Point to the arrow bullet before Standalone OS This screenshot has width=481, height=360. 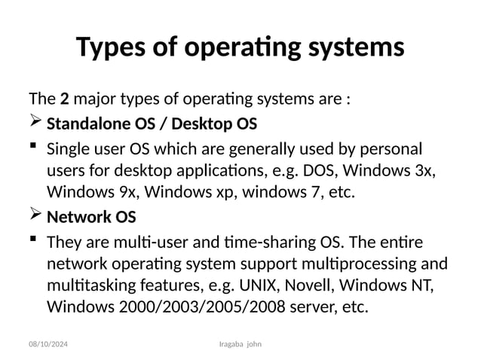pos(35,123)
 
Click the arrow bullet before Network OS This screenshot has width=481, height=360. pos(35,218)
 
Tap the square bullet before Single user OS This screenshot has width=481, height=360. pos(33,147)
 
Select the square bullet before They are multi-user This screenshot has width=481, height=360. pos(33,242)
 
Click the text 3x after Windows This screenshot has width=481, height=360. pos(425,169)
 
